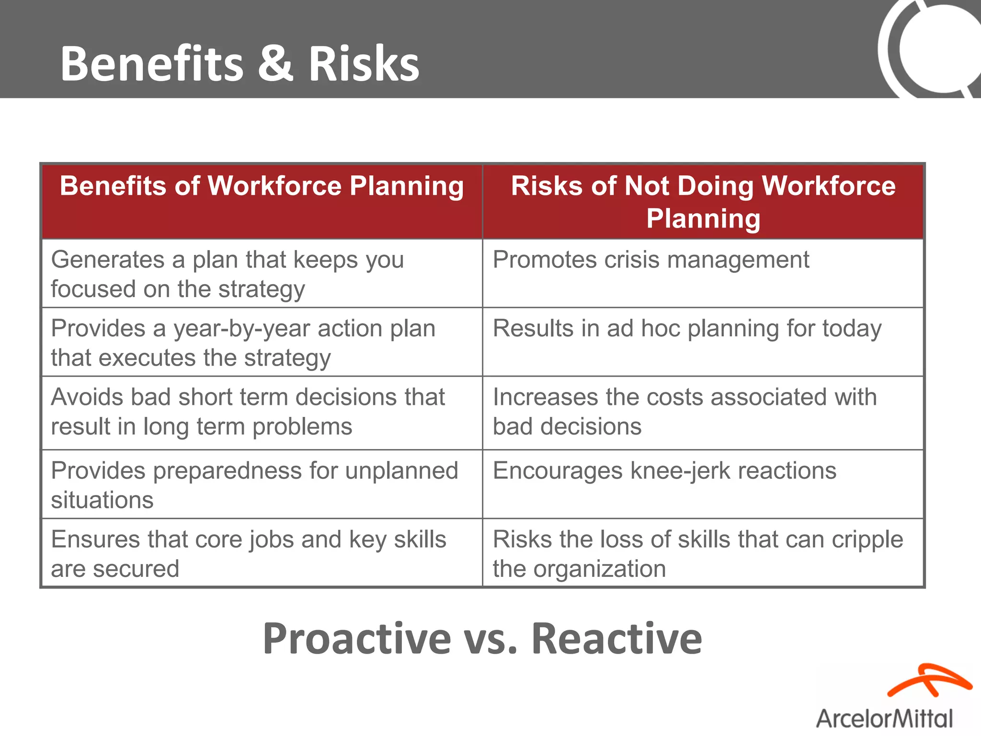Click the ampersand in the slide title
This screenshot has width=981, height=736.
pos(275,63)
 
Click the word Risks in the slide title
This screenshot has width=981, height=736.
pos(364,63)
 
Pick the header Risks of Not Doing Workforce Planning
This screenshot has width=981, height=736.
pos(703,202)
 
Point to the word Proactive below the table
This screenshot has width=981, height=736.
pos(357,638)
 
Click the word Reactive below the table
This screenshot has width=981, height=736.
pos(616,638)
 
